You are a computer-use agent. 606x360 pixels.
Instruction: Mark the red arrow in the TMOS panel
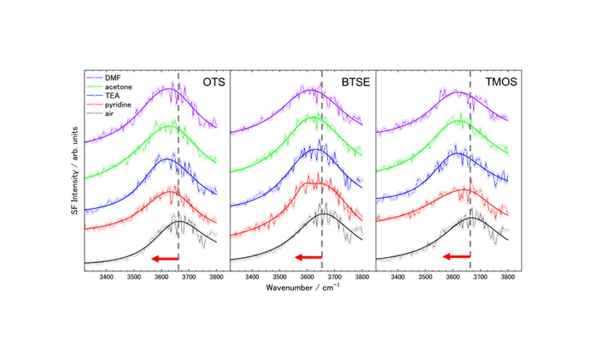[x=456, y=256]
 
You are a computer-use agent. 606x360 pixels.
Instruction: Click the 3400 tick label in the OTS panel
[x=107, y=277]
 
